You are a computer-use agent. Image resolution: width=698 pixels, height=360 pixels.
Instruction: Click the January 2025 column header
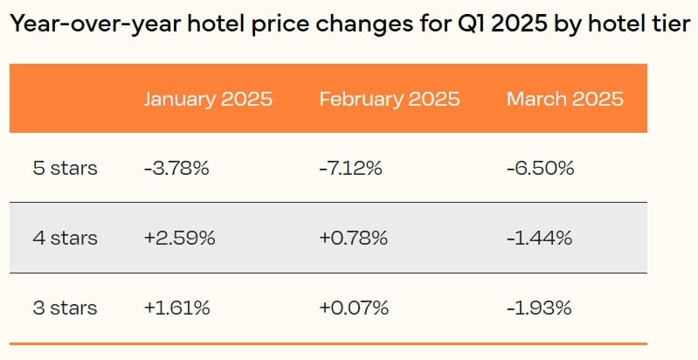point(208,98)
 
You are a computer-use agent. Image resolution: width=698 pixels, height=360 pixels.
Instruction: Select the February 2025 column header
point(389,98)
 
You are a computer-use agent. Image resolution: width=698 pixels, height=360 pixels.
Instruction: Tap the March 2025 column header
point(564,98)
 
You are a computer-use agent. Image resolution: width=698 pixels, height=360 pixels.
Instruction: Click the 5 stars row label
point(65,168)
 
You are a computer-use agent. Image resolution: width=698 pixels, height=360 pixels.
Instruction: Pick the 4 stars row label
point(65,238)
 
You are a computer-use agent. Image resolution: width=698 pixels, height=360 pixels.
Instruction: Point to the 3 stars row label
point(65,308)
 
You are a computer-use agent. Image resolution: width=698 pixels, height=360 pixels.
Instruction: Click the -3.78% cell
point(176,168)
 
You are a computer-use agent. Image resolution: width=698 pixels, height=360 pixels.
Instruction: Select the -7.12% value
point(350,168)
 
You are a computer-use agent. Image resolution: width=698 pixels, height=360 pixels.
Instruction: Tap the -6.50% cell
point(540,168)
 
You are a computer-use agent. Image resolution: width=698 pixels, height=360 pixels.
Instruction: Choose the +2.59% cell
point(179,238)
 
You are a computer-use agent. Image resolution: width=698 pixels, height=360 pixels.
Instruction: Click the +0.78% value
point(354,238)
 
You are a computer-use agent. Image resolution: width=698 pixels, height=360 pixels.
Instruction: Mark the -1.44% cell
point(539,238)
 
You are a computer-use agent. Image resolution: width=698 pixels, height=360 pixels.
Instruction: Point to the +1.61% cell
point(177,308)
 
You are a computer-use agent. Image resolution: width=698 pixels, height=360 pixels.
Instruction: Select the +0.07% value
point(354,308)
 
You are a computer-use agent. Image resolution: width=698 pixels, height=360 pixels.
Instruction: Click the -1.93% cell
point(539,308)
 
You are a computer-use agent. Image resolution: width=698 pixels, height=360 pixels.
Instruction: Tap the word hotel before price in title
point(191,24)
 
